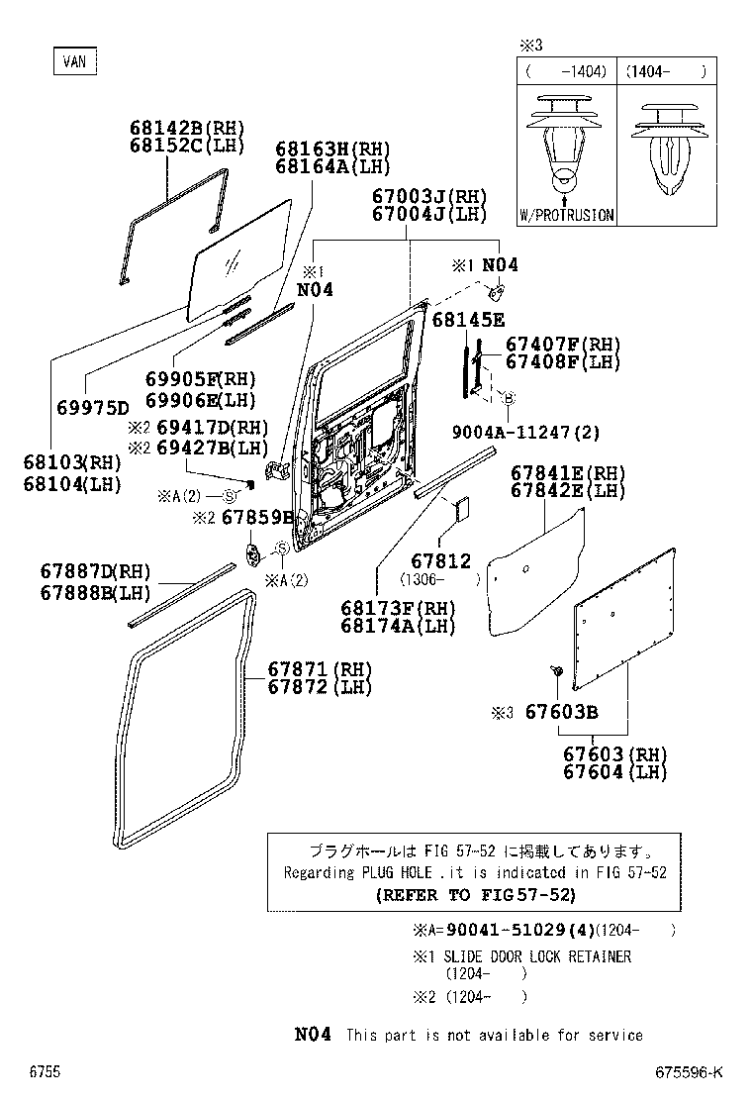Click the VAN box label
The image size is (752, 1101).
pyautogui.click(x=74, y=61)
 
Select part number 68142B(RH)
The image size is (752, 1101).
pyautogui.click(x=186, y=128)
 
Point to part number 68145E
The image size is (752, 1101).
pyautogui.click(x=468, y=319)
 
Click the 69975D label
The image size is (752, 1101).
pyautogui.click(x=93, y=408)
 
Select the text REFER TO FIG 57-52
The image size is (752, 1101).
pyautogui.click(x=475, y=895)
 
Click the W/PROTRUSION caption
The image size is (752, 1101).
pyautogui.click(x=566, y=215)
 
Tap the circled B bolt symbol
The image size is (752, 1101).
pyautogui.click(x=509, y=398)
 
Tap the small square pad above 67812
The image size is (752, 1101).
pyautogui.click(x=461, y=509)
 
